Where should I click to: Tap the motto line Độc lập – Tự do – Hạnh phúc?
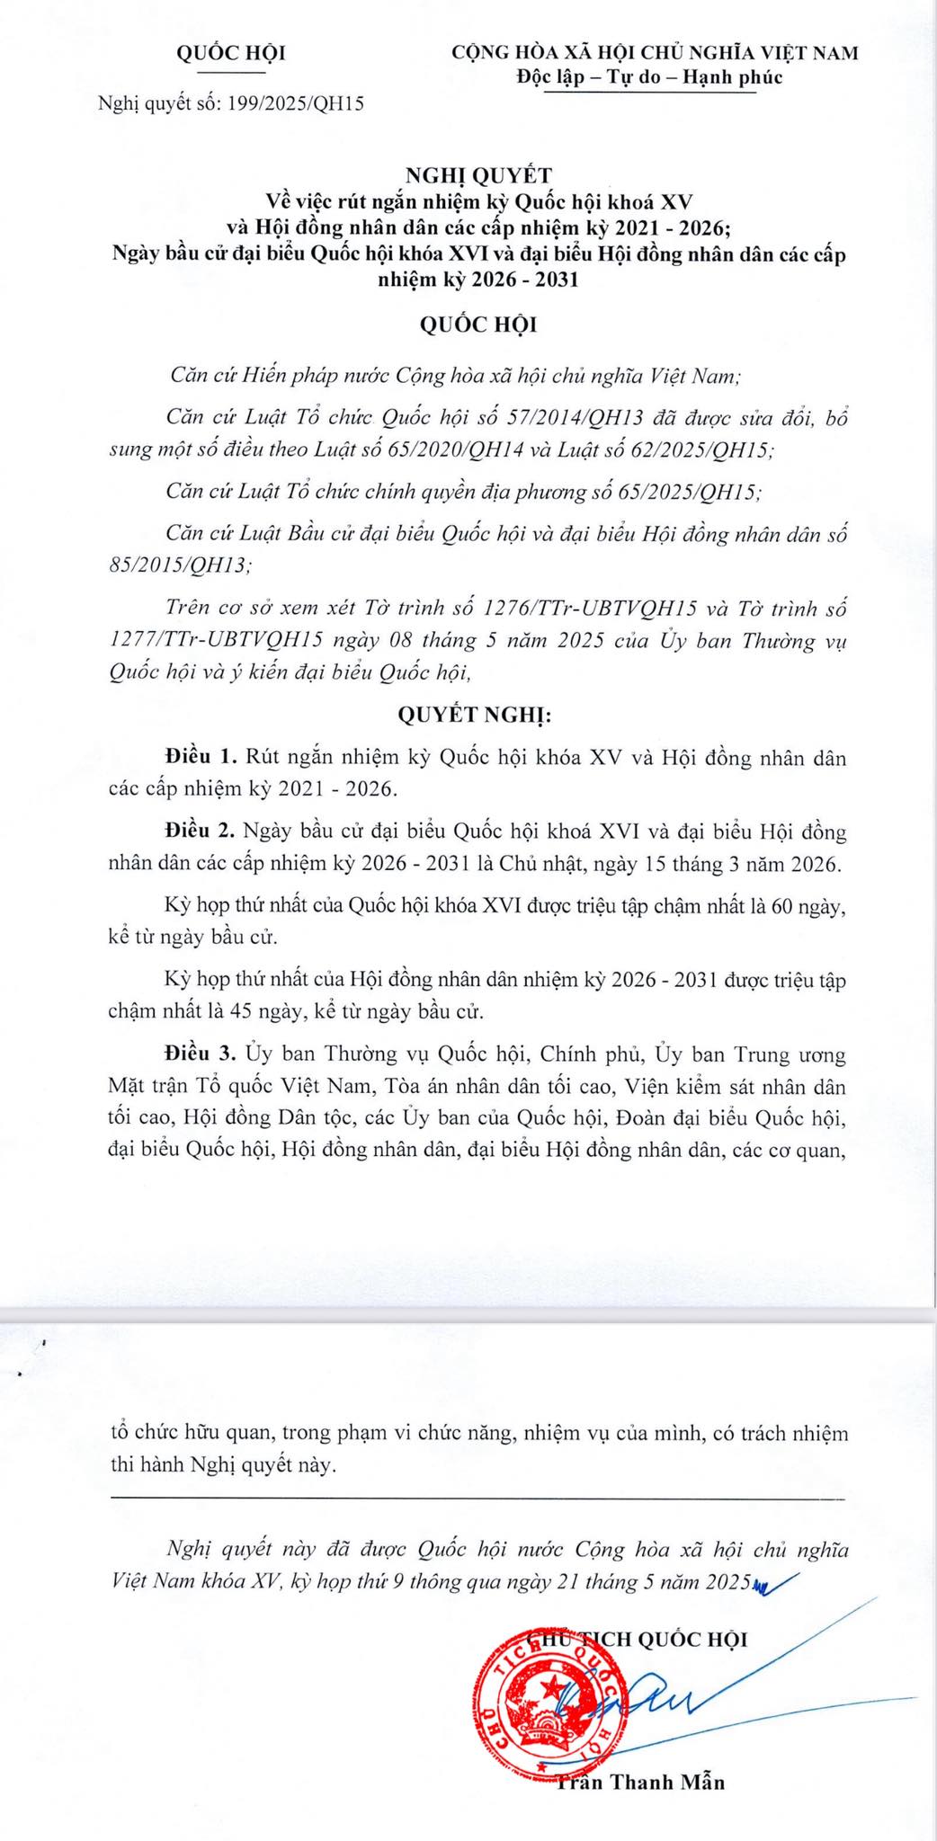tap(649, 77)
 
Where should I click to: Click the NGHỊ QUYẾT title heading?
tap(478, 175)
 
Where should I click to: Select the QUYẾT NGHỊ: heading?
tap(474, 716)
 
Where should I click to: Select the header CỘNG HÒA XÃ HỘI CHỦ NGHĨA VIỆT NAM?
tap(655, 53)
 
